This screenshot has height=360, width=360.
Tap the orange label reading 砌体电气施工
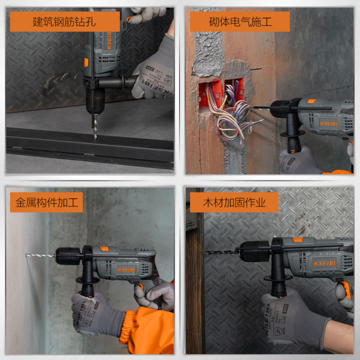pos(239,21)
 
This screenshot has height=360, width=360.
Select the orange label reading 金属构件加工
pos(46,202)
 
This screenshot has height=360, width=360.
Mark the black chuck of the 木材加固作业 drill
pos(251,251)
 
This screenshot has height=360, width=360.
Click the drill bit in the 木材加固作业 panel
pos(220,251)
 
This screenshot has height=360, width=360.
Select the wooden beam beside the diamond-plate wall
pos(195,284)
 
